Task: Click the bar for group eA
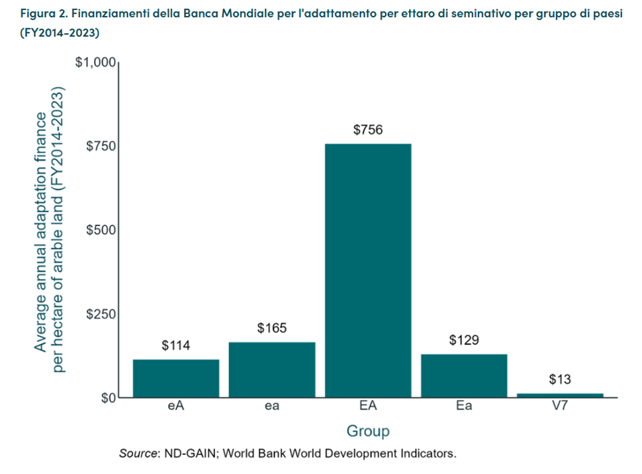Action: click(x=176, y=378)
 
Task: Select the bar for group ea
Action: click(x=272, y=370)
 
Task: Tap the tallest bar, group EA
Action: click(x=368, y=271)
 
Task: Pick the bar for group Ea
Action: click(x=464, y=375)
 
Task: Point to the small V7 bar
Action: click(x=560, y=395)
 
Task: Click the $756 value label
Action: click(x=368, y=130)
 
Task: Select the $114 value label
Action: click(x=176, y=346)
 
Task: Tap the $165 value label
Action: click(x=272, y=329)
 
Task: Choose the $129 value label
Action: click(x=464, y=340)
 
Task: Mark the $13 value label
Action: click(x=560, y=380)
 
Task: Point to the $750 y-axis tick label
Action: click(x=100, y=146)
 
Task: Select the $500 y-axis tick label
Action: click(x=100, y=230)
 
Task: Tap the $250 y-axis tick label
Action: click(x=100, y=314)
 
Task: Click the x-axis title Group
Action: click(x=368, y=431)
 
